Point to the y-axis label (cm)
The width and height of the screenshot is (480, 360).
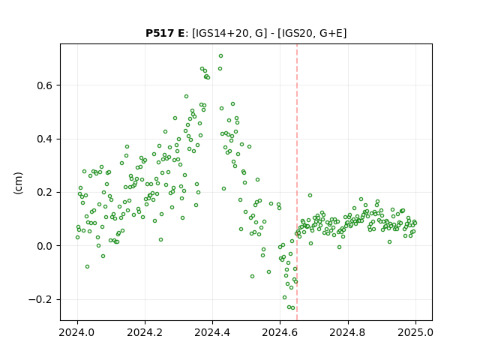pyautogui.click(x=18, y=183)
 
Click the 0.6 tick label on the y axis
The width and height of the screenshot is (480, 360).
pyautogui.click(x=45, y=85)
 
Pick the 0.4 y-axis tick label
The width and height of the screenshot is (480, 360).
pyautogui.click(x=45, y=139)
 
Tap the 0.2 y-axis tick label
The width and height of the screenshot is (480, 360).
pyautogui.click(x=45, y=193)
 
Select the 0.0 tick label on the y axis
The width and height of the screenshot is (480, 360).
pyautogui.click(x=45, y=246)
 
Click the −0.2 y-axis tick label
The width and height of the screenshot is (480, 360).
pyautogui.click(x=40, y=300)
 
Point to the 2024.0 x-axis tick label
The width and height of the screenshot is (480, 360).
pyautogui.click(x=77, y=332)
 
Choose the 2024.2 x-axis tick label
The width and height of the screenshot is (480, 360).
pyautogui.click(x=145, y=332)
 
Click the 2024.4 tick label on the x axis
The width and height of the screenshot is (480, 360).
pyautogui.click(x=212, y=332)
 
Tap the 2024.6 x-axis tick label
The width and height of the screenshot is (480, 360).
pyautogui.click(x=280, y=332)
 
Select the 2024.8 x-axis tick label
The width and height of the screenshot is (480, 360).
pyautogui.click(x=348, y=332)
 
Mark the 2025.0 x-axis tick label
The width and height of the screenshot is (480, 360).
pyautogui.click(x=415, y=332)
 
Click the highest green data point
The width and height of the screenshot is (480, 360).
pyautogui.click(x=220, y=56)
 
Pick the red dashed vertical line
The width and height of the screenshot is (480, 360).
pyautogui.click(x=297, y=182)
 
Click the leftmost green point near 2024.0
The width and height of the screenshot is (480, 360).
pyautogui.click(x=77, y=238)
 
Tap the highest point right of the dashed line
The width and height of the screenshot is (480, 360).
pyautogui.click(x=310, y=195)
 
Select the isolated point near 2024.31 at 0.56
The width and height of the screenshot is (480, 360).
pyautogui.click(x=186, y=97)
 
